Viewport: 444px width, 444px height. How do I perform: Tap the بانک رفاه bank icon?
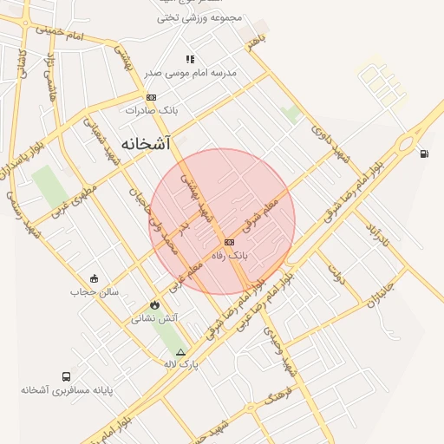[x=228, y=242]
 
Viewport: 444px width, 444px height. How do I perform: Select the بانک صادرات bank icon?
[x=152, y=97]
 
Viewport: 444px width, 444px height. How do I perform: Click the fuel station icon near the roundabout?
[x=423, y=154]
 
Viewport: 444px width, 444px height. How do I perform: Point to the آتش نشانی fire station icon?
[x=154, y=305]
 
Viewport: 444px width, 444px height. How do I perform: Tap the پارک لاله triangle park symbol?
[x=180, y=352]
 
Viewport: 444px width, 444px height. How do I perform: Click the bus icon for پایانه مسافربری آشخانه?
[x=67, y=376]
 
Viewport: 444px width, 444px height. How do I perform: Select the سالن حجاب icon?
[x=94, y=278]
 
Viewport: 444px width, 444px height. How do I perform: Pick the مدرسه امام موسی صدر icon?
[x=190, y=60]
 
